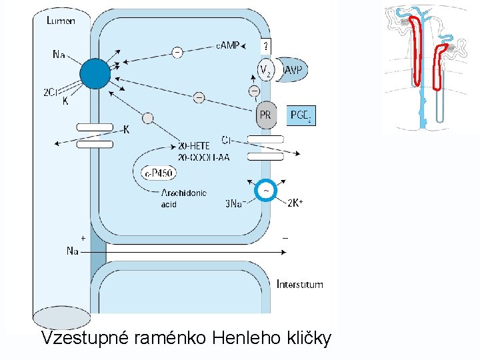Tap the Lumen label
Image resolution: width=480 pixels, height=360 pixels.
[61, 21]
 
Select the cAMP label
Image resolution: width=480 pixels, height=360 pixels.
[227, 46]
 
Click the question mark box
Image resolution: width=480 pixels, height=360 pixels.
[265, 46]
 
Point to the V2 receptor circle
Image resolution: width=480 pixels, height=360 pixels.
[265, 69]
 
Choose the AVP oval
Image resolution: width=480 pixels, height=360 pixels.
[291, 69]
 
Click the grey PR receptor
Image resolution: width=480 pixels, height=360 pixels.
[265, 115]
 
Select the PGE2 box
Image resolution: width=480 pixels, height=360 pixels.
[300, 115]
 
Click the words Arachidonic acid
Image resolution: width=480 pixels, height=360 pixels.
[183, 198]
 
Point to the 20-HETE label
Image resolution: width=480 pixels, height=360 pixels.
[193, 145]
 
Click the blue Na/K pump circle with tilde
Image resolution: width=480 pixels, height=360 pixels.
[266, 190]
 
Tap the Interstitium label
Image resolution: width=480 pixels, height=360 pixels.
[300, 285]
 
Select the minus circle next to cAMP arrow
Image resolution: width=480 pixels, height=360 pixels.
[177, 51]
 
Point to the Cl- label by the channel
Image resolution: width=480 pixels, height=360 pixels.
[227, 140]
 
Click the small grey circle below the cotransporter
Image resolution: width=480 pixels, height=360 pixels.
[148, 118]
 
